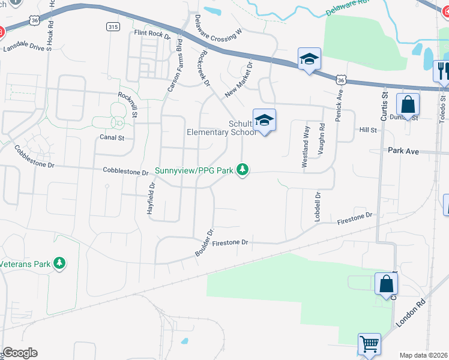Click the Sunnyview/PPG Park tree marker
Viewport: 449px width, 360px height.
coord(242,170)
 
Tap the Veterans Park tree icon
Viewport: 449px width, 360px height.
coord(59,263)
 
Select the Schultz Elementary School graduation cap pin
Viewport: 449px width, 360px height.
coord(264,121)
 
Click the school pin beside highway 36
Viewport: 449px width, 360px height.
coord(309,59)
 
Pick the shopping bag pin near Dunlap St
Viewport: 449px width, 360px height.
coord(408,104)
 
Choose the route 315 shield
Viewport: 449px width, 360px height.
coord(113,26)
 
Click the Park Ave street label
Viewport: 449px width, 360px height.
coord(403,151)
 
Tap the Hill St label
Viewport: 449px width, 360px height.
coord(367,130)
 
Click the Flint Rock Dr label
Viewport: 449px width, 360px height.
coord(152,34)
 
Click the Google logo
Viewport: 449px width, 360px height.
coord(20,353)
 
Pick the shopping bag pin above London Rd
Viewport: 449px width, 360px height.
coord(386,284)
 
